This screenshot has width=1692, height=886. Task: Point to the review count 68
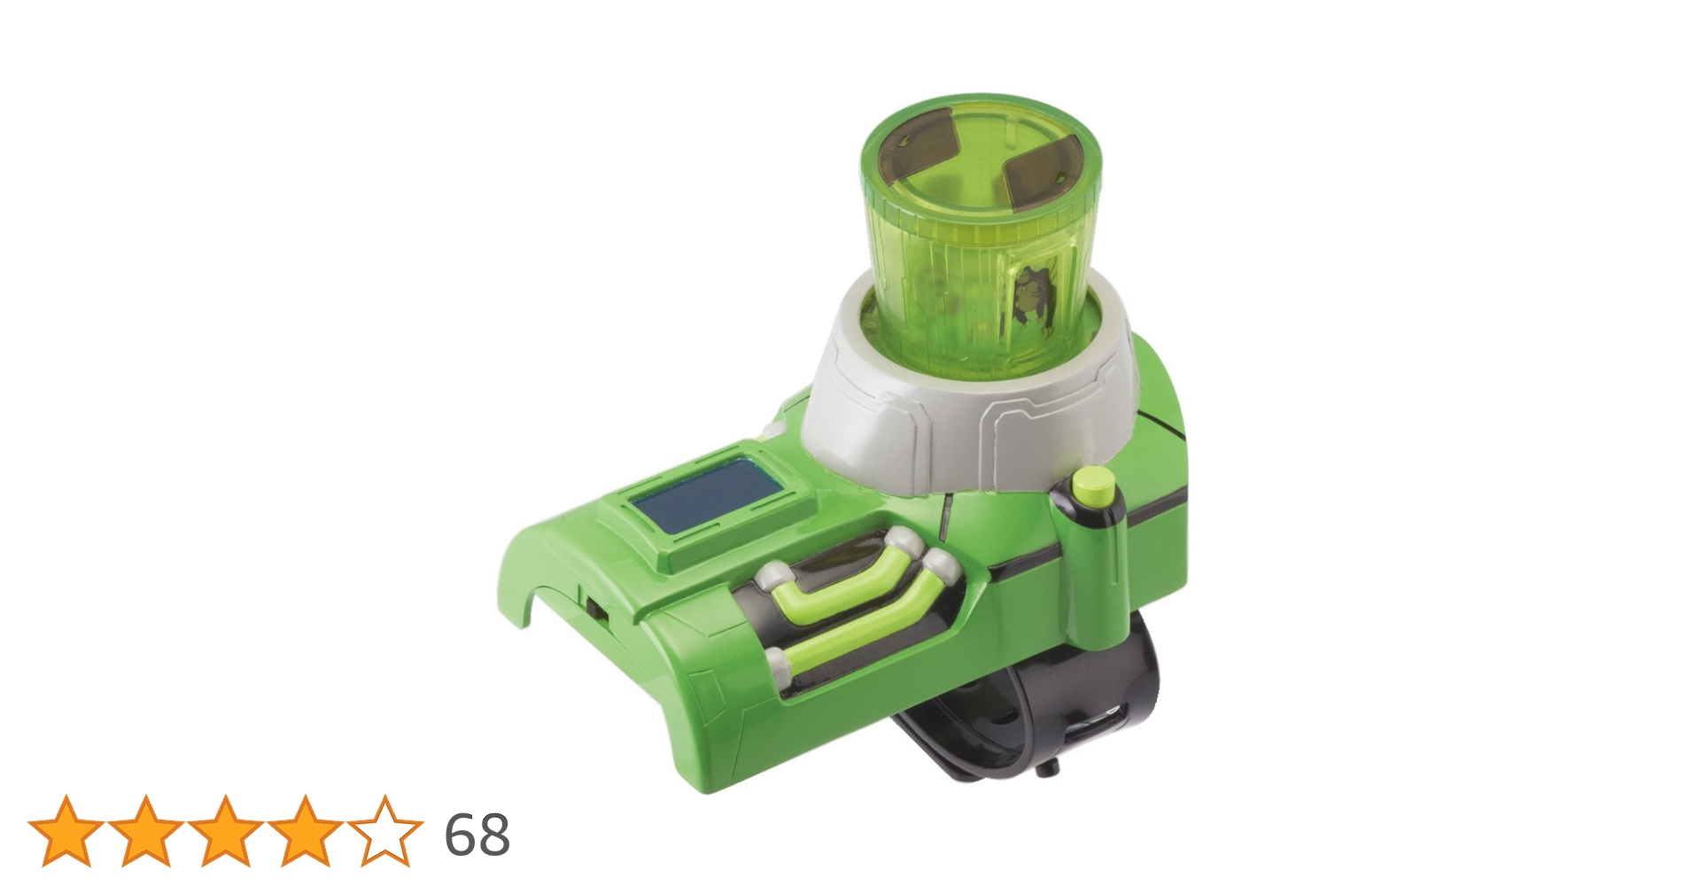(477, 834)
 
